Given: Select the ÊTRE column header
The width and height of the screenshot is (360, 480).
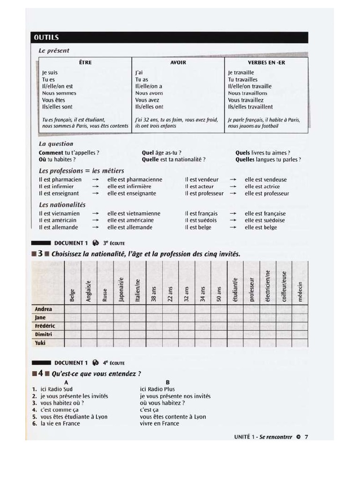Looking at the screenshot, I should (85, 62).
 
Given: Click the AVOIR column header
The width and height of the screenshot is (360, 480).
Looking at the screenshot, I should (178, 62).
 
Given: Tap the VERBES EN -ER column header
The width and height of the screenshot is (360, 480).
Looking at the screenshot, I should (267, 62).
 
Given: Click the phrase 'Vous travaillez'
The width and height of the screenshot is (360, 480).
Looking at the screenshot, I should (246, 100).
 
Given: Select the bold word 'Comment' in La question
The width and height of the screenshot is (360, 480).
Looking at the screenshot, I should (51, 153).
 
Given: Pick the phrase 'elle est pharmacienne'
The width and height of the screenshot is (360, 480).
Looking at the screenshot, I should (135, 180).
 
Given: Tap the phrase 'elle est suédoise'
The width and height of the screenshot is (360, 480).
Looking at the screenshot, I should (265, 220).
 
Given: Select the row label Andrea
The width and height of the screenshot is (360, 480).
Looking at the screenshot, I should (43, 309).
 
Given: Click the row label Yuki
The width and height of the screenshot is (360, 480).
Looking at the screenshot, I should (40, 343).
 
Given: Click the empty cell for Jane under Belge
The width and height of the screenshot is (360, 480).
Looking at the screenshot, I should (72, 318).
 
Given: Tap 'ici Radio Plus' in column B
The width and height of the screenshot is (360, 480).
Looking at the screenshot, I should (157, 389).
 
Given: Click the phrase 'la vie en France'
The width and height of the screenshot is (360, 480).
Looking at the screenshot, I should (60, 424).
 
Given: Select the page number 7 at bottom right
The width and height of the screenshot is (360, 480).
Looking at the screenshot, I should (306, 437).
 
